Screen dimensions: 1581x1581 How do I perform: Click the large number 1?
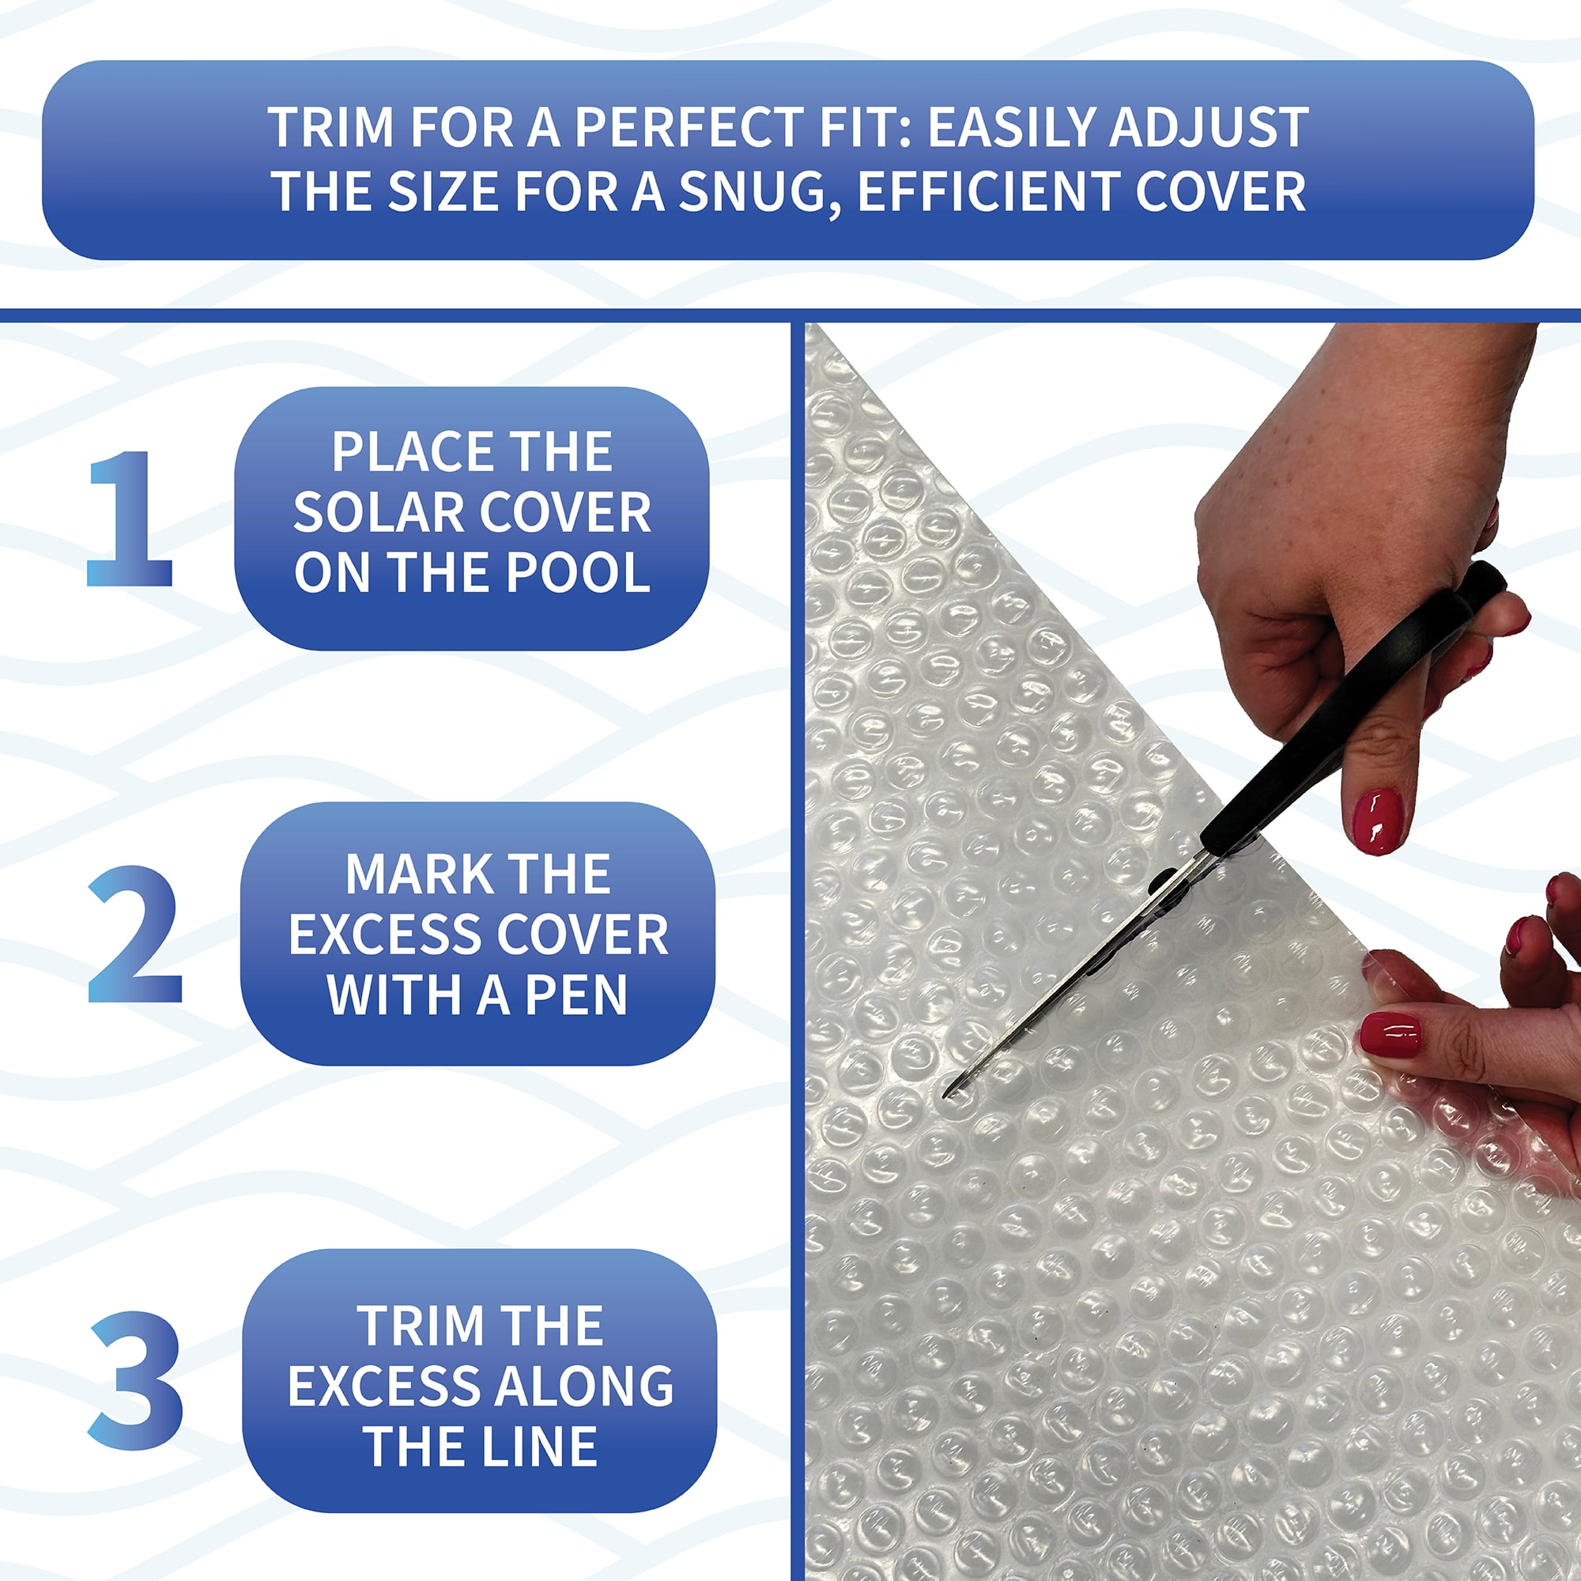(131, 519)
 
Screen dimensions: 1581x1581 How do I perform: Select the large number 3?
(136, 1379)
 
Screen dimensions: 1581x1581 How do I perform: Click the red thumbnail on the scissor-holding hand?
(1378, 821)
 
